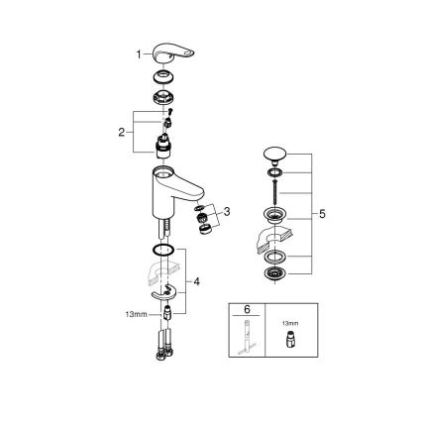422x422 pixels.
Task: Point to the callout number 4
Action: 197,282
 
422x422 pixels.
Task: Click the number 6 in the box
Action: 241,309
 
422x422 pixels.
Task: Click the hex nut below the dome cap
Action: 162,97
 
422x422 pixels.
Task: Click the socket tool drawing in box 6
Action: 241,334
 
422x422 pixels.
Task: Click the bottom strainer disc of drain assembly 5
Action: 273,273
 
